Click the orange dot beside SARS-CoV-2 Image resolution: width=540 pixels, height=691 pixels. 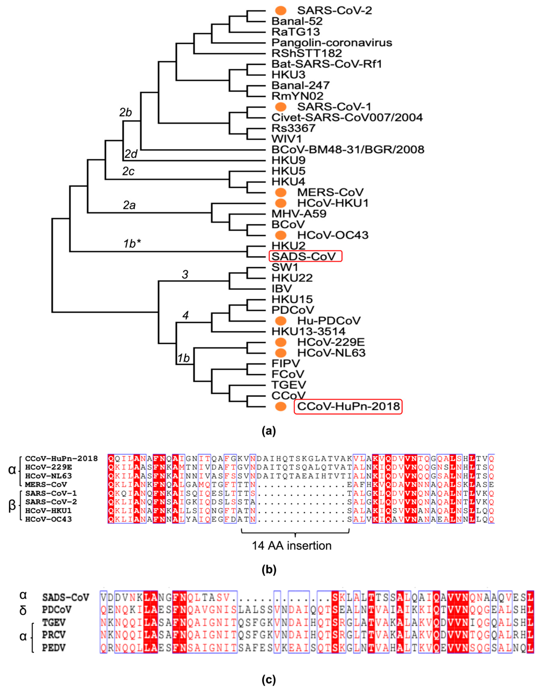(280, 10)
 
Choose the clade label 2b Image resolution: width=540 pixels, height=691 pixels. (126, 112)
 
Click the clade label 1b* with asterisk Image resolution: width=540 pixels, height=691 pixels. (132, 244)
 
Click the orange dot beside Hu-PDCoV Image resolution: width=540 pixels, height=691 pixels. (280, 321)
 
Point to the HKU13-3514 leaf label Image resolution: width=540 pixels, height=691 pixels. (308, 332)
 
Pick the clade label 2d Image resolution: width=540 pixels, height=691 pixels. (131, 154)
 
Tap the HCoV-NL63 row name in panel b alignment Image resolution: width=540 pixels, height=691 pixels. (48, 476)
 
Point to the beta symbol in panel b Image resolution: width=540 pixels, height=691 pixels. (12, 506)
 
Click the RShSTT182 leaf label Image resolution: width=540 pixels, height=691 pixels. (306, 53)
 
